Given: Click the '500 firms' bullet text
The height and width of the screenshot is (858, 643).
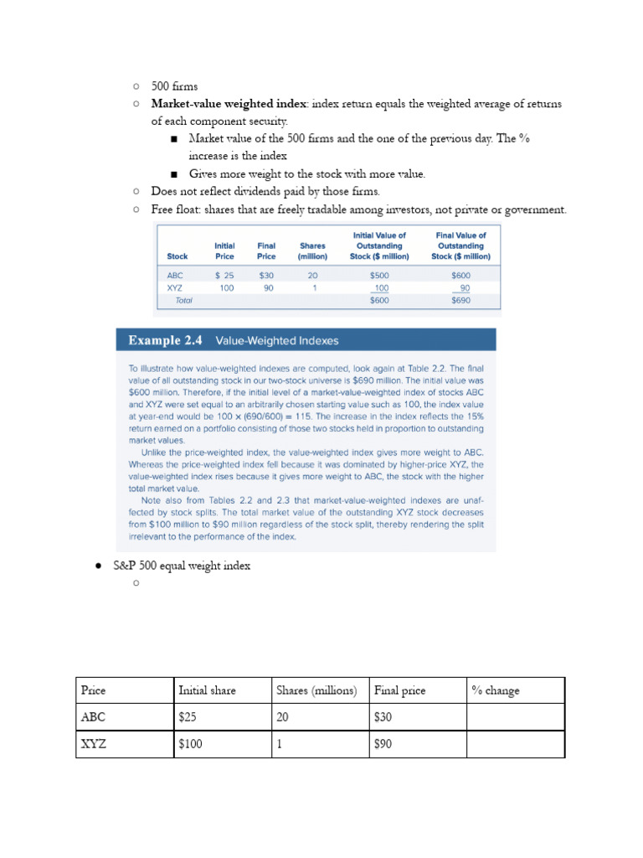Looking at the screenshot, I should tap(174, 85).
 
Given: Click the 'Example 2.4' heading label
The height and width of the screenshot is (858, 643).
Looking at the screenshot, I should tap(166, 341).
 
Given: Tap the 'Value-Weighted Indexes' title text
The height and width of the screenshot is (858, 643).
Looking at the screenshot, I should tap(277, 341).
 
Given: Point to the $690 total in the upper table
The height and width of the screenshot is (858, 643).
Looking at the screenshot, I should tap(460, 300).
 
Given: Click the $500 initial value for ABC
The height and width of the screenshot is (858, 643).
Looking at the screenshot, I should tap(379, 274).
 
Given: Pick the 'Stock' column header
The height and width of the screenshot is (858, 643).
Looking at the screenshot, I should tap(177, 256).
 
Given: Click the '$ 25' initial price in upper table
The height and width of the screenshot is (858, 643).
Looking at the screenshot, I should tap(224, 274).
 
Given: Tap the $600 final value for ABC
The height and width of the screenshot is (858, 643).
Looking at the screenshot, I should tap(460, 274).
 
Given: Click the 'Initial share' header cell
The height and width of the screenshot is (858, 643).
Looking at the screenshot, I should tap(208, 690).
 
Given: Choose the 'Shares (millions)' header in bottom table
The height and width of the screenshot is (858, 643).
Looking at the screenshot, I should tap(316, 690).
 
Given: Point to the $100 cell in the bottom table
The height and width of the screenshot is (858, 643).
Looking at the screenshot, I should tap(190, 744).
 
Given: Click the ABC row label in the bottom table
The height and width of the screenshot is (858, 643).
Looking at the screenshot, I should tap(94, 717).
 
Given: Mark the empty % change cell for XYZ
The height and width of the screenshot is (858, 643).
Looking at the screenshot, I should tap(515, 744).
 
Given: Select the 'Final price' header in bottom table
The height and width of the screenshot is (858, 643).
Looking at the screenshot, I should tap(400, 690).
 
